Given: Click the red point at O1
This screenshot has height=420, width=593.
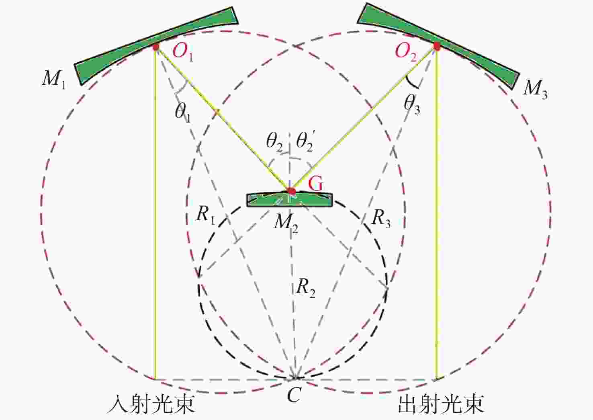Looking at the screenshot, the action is [x=156, y=47].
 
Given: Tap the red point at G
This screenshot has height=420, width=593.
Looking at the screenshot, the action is [x=291, y=191].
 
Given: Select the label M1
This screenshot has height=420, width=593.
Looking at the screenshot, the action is [x=54, y=79].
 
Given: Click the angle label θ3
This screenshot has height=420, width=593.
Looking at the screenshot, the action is [x=412, y=105].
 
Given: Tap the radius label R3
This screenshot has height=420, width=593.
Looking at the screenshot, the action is [x=381, y=218].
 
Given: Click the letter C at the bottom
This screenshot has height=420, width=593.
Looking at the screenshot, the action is [x=294, y=395].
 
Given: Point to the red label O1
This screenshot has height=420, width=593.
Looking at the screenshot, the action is [x=182, y=51].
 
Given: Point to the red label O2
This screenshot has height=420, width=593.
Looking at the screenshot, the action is [x=405, y=51].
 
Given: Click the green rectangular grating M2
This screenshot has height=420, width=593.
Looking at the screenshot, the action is [x=290, y=200].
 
